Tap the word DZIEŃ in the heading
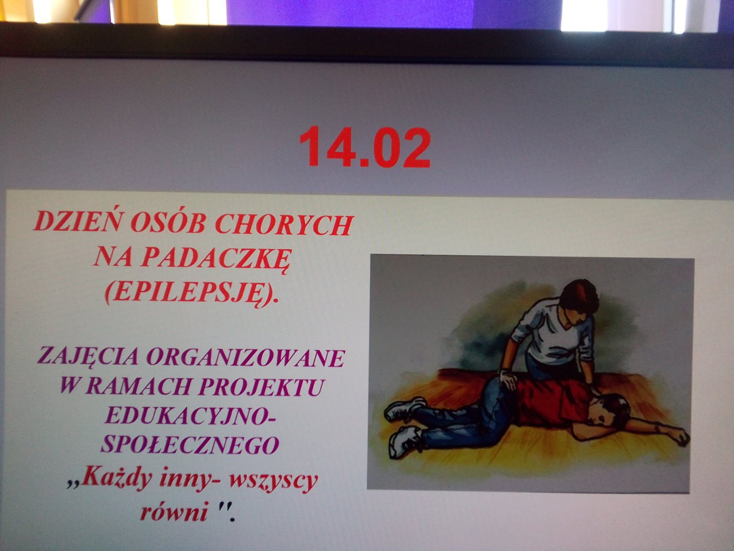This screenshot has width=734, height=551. tap(77, 221)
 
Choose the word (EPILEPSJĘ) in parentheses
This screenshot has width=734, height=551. tap(191, 293)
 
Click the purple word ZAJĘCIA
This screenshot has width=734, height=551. tap(88, 357)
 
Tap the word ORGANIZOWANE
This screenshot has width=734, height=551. tap(246, 358)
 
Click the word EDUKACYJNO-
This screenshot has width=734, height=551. tap(190, 416)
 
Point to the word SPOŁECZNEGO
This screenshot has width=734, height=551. tap(190, 445)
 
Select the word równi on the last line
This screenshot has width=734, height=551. tap(173, 511)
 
